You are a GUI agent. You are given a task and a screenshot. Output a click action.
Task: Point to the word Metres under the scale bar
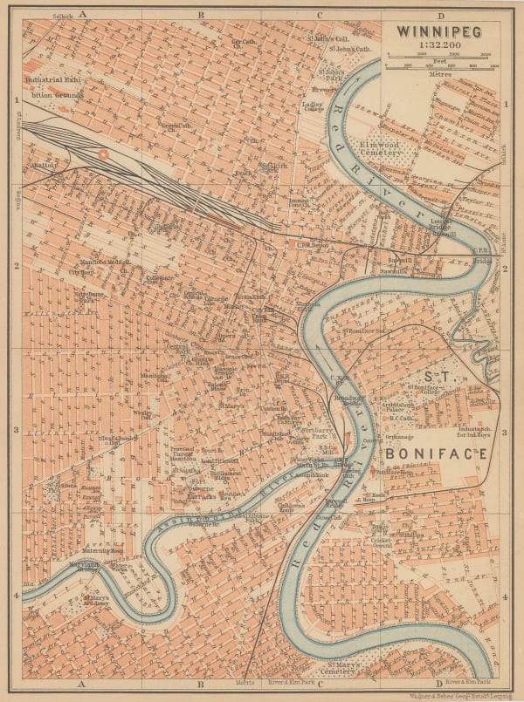440,74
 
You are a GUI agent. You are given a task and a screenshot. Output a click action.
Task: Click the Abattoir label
44,164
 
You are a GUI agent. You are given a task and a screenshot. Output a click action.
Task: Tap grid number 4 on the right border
507,596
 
